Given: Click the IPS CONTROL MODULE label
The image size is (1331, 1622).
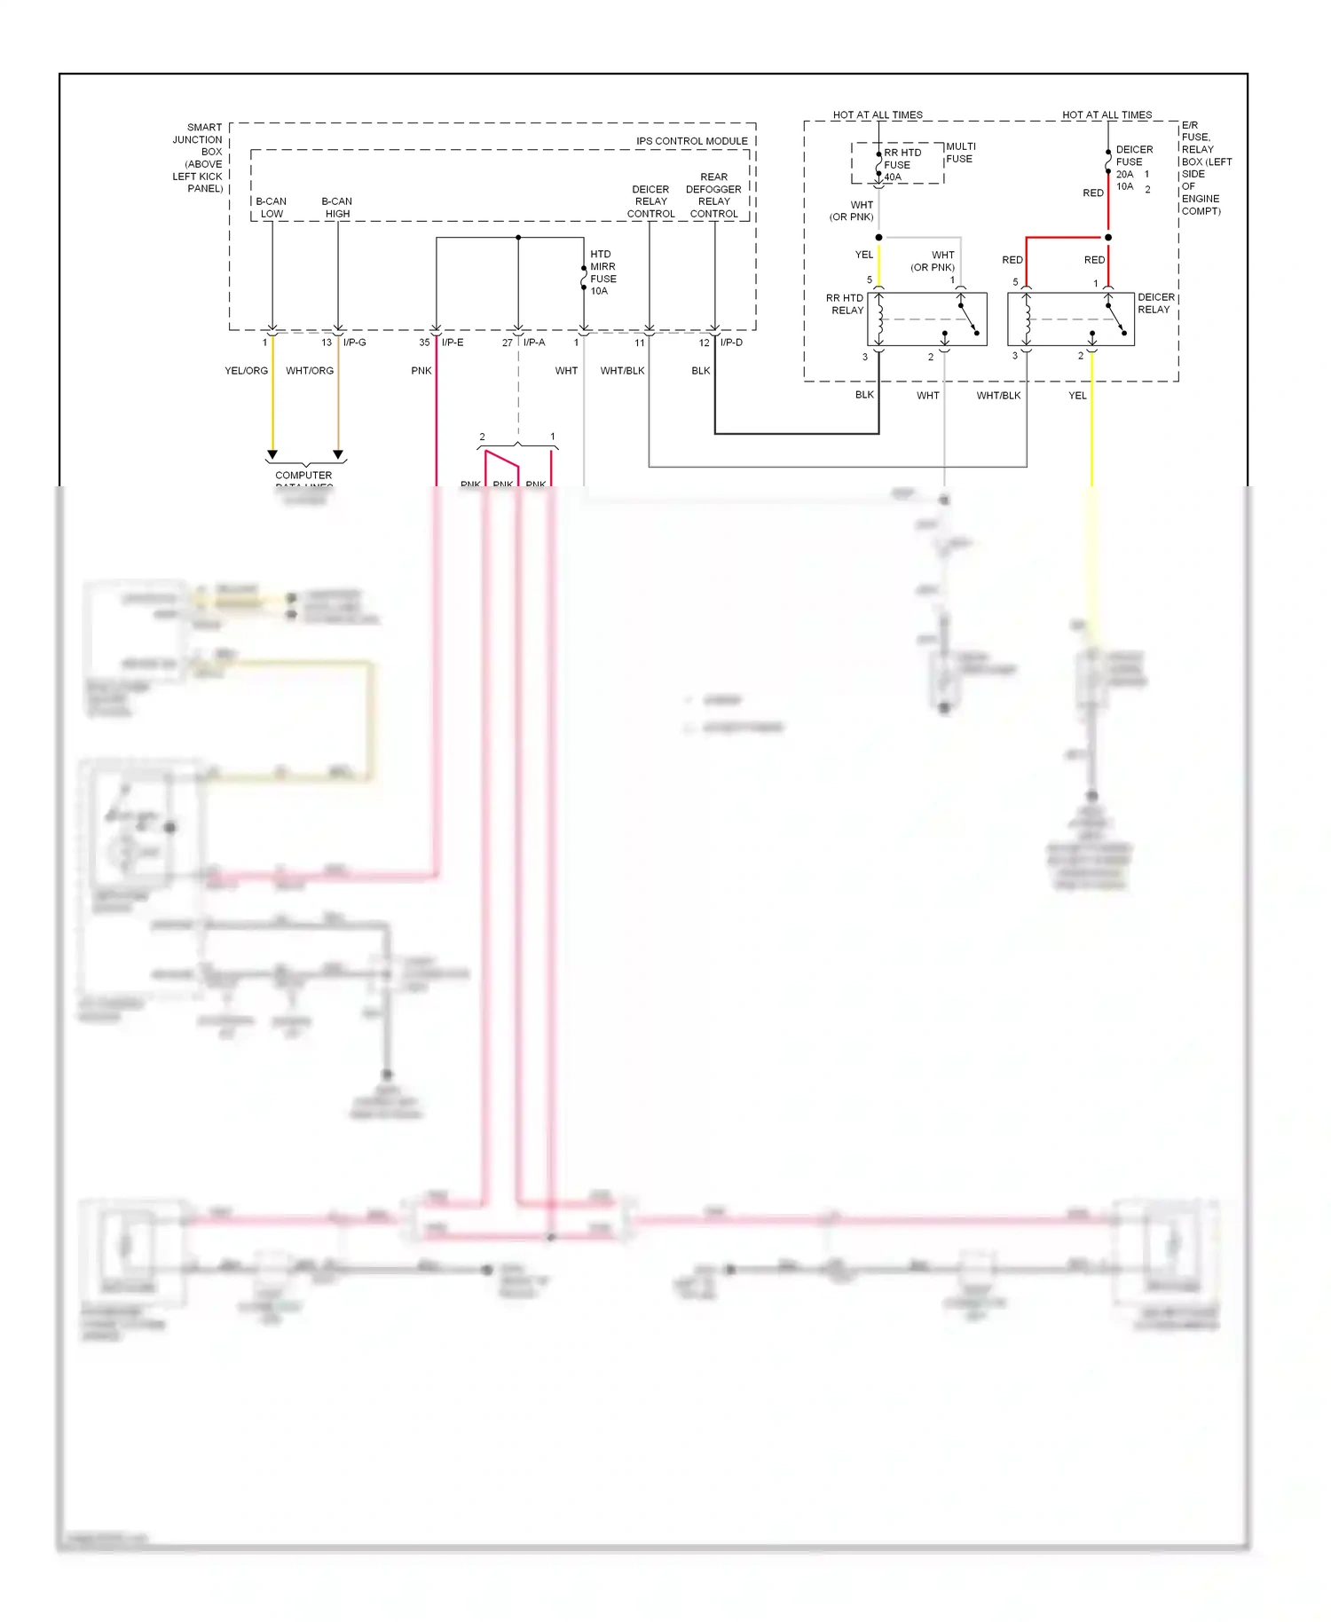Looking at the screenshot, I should (x=691, y=141).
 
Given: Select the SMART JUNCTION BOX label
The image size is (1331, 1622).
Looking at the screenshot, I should (x=198, y=157).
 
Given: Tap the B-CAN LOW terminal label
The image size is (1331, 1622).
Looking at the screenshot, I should (x=272, y=208).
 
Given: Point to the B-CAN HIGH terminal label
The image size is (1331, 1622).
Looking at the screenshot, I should (x=337, y=208).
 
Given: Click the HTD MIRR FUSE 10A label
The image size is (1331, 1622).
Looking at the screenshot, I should (x=602, y=272).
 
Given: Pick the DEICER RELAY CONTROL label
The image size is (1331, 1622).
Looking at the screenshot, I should (x=650, y=201).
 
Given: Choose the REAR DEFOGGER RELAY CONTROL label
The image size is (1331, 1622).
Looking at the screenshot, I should (x=713, y=195).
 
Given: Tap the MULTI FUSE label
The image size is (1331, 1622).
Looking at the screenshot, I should (x=960, y=153).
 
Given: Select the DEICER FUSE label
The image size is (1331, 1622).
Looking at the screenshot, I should (x=1133, y=156).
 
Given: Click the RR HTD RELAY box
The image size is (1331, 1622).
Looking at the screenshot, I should (x=926, y=319).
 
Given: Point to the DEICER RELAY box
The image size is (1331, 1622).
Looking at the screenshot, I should (x=1070, y=319).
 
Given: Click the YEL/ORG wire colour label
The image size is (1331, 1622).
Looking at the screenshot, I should (x=246, y=371).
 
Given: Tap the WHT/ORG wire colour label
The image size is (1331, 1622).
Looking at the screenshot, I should (x=310, y=371).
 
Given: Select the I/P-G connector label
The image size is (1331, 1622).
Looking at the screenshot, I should (x=354, y=343).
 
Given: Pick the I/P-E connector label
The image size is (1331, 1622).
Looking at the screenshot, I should (x=453, y=343).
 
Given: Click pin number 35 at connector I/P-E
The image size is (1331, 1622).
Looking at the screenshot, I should (x=424, y=343).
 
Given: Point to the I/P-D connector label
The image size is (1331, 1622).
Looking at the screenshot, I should (x=731, y=343).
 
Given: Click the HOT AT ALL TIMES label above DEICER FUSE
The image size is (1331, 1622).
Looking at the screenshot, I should (x=1107, y=115).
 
